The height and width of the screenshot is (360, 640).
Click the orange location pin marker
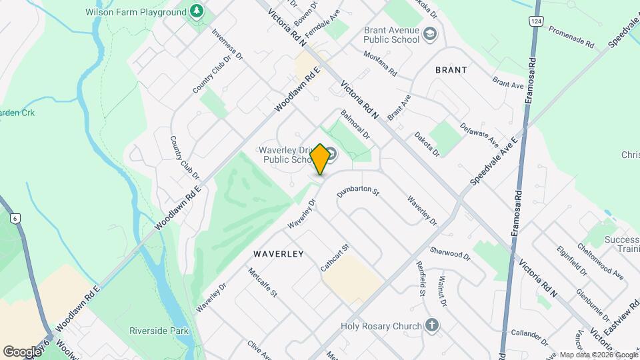pyautogui.click(x=320, y=159)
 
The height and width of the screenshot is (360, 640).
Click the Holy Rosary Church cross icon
pyautogui.click(x=432, y=326)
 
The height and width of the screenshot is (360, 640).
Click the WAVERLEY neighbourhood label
pyautogui.click(x=278, y=254)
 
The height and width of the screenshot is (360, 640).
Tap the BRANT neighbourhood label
pyautogui.click(x=451, y=69)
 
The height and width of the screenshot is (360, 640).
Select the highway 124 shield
pyautogui.click(x=535, y=21)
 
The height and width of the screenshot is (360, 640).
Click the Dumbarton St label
pyautogui.click(x=358, y=192)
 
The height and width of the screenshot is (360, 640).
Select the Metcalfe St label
pyautogui.click(x=262, y=283)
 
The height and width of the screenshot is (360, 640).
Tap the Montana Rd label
pyautogui.click(x=380, y=63)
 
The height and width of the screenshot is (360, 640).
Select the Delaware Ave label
pyautogui.click(x=479, y=135)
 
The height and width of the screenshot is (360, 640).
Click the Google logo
pyautogui.click(x=22, y=351)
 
